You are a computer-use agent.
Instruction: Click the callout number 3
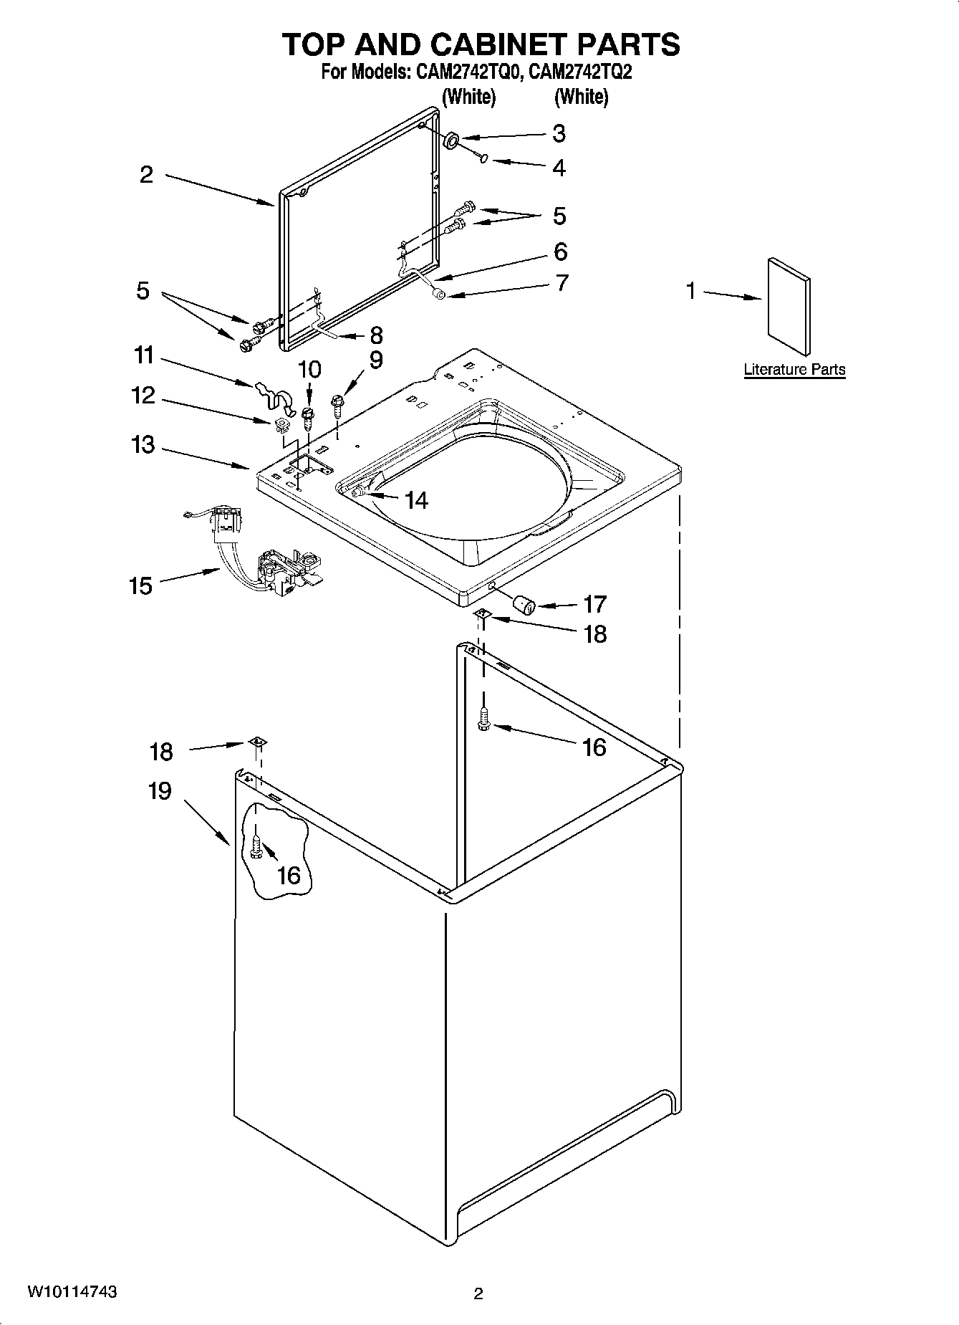tap(559, 133)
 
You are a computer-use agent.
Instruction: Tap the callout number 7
tap(562, 282)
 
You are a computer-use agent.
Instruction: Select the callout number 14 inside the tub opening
tap(416, 499)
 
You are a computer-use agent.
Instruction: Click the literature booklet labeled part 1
tap(789, 306)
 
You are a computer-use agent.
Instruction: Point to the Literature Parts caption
tap(794, 370)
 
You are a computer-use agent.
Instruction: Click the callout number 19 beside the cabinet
tap(160, 791)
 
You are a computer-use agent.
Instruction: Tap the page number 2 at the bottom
tap(478, 1293)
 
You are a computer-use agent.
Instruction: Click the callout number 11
tap(143, 355)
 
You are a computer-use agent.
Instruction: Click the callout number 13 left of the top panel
tap(143, 444)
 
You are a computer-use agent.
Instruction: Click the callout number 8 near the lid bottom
tap(375, 335)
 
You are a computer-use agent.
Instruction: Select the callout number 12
tap(143, 395)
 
